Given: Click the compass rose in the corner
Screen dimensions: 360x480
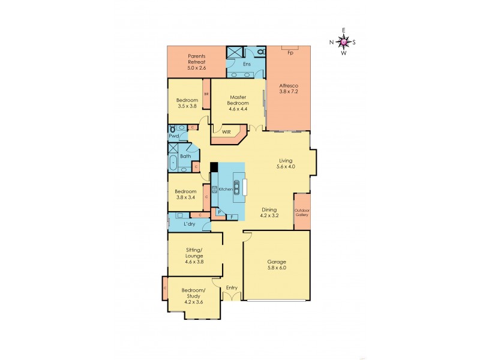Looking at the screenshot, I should click(x=343, y=41).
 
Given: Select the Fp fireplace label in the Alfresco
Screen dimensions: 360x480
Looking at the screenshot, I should click(x=290, y=53).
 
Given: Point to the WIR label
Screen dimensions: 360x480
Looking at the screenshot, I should click(x=227, y=132).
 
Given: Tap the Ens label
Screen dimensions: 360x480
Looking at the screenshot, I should click(x=247, y=64).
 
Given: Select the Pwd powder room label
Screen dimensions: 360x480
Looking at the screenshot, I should click(x=173, y=137).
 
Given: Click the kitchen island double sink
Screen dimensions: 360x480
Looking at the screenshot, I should click(x=238, y=188).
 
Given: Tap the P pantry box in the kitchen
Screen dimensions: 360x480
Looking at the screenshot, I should click(x=220, y=212).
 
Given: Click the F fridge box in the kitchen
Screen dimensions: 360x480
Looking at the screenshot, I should click(x=232, y=216).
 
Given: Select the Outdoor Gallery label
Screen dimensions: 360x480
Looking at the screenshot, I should click(x=301, y=211).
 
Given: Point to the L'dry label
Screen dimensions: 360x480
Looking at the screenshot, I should click(x=189, y=224).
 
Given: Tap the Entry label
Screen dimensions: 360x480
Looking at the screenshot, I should click(x=232, y=288).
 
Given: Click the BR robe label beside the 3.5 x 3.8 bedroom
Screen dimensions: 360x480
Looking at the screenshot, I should click(x=206, y=94).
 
